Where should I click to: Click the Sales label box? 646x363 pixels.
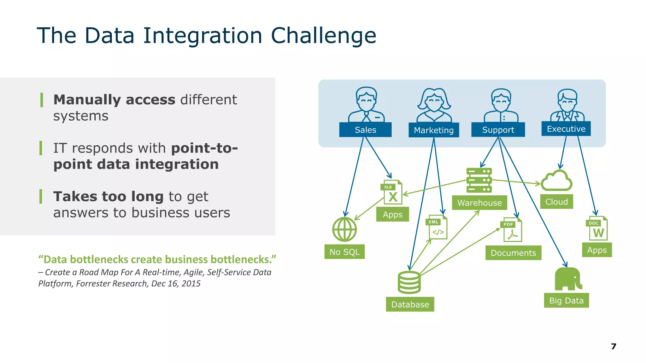(x=365, y=130)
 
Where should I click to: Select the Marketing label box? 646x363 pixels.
(x=434, y=130)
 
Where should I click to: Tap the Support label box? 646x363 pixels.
(x=498, y=130)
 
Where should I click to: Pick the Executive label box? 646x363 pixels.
(x=566, y=129)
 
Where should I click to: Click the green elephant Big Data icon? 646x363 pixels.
(x=568, y=279)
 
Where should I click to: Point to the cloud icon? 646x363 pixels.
(x=556, y=181)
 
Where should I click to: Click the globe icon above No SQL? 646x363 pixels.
(x=344, y=229)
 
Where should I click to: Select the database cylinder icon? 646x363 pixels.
(x=409, y=282)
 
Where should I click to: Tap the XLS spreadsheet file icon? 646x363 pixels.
(x=392, y=192)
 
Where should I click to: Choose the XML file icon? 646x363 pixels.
(x=437, y=228)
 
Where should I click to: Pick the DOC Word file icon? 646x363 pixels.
(x=597, y=229)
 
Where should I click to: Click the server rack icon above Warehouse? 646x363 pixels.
(x=479, y=180)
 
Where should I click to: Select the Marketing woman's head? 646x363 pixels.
(x=434, y=100)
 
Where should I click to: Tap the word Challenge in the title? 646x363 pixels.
(x=324, y=35)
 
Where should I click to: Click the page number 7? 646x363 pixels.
(x=614, y=346)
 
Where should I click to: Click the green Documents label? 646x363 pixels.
(x=513, y=253)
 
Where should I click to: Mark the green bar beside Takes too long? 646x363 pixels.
(x=41, y=197)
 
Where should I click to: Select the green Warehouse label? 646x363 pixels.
(x=479, y=203)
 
